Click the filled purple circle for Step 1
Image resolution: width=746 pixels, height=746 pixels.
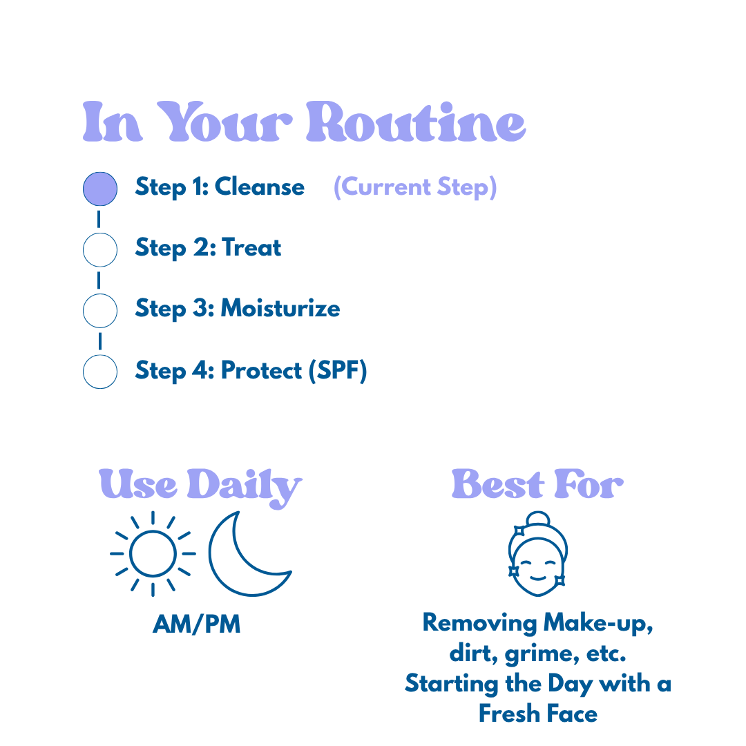coord(100,189)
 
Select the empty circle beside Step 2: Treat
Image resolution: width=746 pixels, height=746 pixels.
coord(100,249)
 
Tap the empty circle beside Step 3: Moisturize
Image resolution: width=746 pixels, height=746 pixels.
coord(100,310)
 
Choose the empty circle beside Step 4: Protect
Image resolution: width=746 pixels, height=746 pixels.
coord(100,372)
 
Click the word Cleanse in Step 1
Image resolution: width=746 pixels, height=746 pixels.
coord(260,187)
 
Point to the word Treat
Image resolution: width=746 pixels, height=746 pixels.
coord(251,247)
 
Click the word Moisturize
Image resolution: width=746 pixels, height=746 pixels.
coord(280,308)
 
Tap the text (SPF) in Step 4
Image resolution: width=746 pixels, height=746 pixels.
coord(338,371)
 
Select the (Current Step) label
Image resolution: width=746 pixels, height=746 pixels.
coord(414,187)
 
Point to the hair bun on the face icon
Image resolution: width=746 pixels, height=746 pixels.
coord(537,519)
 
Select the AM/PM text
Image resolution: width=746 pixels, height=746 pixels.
coord(197,624)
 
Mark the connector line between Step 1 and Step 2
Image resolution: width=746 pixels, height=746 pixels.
coord(99,220)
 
